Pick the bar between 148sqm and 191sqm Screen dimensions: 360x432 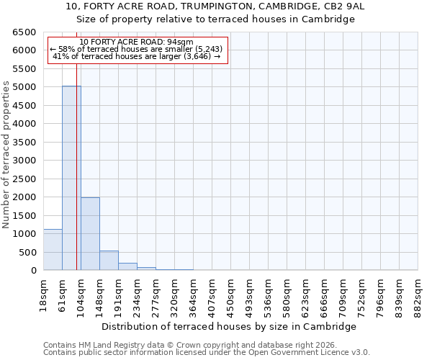[x=109, y=261]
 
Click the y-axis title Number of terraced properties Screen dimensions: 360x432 [x=6, y=155]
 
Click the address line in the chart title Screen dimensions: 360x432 [x=216, y=6]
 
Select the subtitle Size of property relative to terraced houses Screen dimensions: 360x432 [x=216, y=19]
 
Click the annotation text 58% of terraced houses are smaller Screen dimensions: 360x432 [x=137, y=49]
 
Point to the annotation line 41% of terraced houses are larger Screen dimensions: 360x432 [x=137, y=56]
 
